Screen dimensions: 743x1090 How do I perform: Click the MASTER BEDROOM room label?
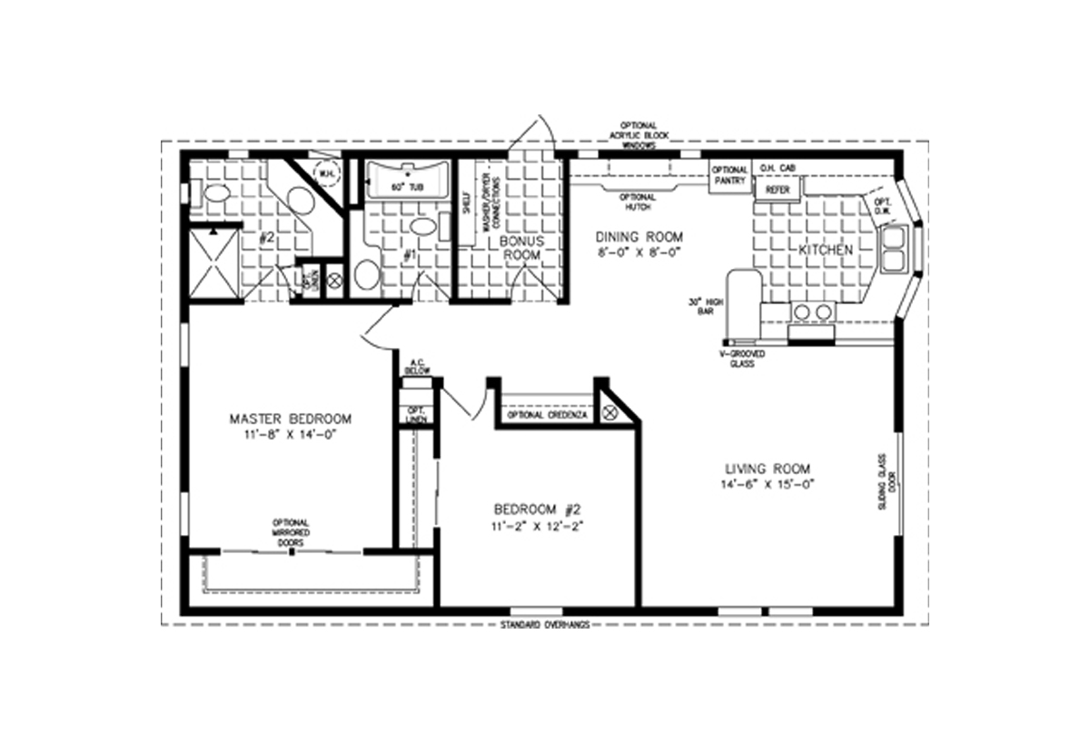(290, 419)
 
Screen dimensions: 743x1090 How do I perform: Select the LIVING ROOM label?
(768, 469)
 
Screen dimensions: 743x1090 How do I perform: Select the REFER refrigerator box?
(777, 189)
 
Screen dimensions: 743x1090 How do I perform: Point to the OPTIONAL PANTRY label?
(729, 175)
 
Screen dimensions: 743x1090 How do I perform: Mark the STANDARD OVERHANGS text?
(545, 625)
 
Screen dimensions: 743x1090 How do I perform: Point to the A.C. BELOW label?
(417, 365)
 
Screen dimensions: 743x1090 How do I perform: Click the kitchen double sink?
(892, 251)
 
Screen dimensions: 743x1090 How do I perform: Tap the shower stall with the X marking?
(214, 263)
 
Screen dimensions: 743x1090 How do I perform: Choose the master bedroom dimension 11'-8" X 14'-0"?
(290, 436)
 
